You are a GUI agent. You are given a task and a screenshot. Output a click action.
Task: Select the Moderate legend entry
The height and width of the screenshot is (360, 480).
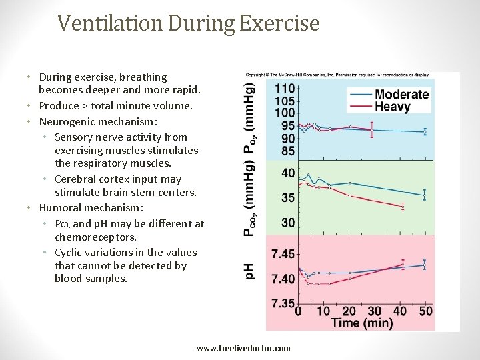point(401,95)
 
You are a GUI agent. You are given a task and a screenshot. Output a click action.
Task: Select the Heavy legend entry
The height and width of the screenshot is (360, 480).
point(392,107)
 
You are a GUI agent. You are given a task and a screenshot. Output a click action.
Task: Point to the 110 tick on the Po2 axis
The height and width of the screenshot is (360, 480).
point(285,89)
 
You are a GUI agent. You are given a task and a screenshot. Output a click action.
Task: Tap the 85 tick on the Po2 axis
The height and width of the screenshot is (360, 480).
point(288,151)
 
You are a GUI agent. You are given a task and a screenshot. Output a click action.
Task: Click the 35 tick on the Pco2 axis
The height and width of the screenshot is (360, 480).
point(288,197)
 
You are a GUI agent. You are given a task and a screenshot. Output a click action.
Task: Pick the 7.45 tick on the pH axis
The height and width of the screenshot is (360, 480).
point(283,254)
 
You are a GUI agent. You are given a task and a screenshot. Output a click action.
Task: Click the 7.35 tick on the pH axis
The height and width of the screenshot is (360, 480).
point(283,303)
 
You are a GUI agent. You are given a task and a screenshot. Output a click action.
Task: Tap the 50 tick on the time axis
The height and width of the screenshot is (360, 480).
point(425,311)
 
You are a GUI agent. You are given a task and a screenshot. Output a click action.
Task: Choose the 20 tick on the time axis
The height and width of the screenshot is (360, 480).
point(349,311)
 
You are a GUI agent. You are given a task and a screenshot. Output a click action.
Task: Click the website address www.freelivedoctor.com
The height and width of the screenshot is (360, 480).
point(243,348)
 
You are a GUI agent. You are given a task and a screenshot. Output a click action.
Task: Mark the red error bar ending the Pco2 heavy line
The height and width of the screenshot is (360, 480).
point(403,207)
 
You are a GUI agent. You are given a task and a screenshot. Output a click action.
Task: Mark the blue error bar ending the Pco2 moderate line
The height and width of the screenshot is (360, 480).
point(425,195)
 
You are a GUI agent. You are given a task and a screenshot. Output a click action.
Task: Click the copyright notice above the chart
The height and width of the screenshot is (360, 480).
point(352,75)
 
